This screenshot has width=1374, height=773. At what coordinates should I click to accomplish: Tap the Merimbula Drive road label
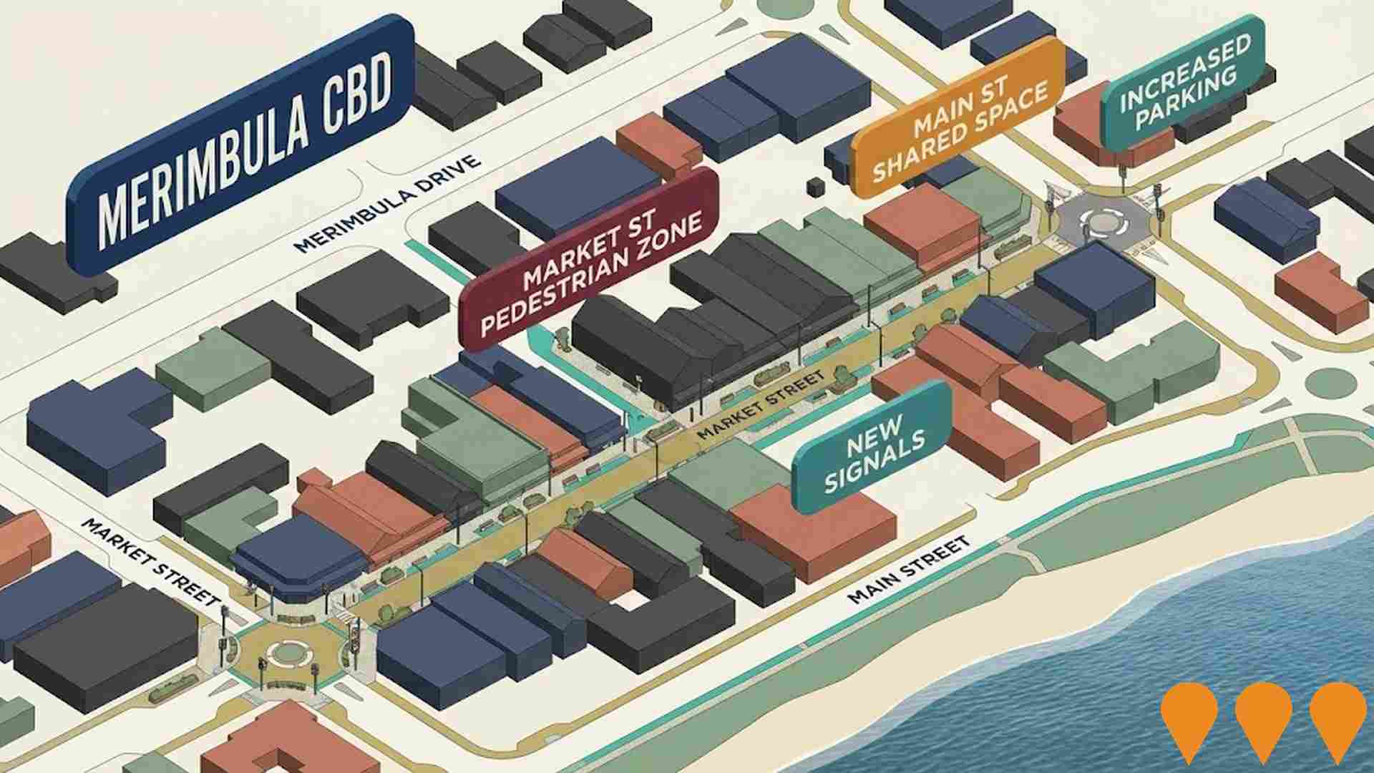[x=387, y=205]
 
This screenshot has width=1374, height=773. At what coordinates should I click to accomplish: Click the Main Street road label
[x=909, y=570]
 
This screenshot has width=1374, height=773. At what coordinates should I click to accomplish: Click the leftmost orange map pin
[x=1189, y=719]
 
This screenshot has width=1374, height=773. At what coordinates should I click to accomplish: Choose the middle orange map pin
[x=1263, y=719]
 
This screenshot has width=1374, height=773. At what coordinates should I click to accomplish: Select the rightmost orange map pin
[x=1338, y=719]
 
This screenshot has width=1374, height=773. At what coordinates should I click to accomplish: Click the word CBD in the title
[x=353, y=102]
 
